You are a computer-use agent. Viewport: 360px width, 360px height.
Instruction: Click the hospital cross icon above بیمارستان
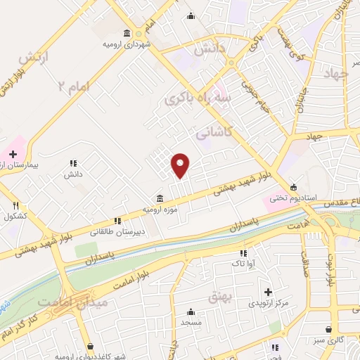(13, 153)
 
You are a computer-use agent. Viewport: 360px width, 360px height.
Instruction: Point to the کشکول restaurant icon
(15, 205)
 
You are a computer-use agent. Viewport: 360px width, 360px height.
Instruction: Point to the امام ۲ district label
(74, 86)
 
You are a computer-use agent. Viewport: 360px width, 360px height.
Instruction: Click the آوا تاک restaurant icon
(244, 253)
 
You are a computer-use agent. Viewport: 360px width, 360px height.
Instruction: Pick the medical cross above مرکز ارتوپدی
(267, 291)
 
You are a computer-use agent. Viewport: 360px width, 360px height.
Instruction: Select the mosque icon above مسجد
(191, 311)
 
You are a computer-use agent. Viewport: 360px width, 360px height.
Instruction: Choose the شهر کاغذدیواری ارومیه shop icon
(90, 346)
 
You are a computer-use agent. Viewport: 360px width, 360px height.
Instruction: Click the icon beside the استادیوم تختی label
(293, 187)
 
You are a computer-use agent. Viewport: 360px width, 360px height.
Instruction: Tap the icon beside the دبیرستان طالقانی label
(127, 220)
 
